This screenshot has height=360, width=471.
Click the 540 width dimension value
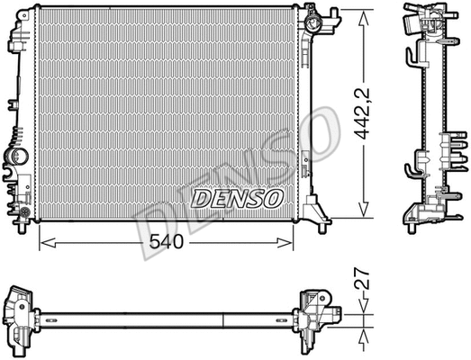168,243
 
